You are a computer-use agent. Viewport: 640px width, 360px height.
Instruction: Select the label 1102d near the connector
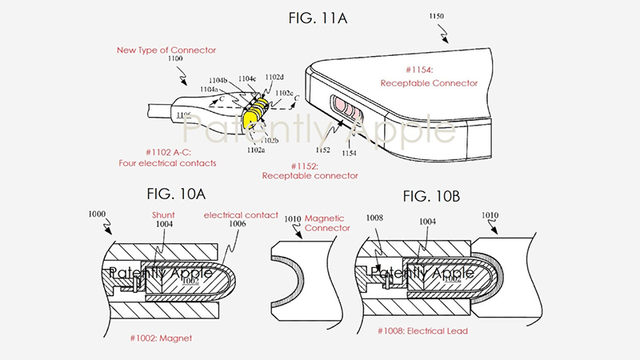(x=274, y=78)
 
